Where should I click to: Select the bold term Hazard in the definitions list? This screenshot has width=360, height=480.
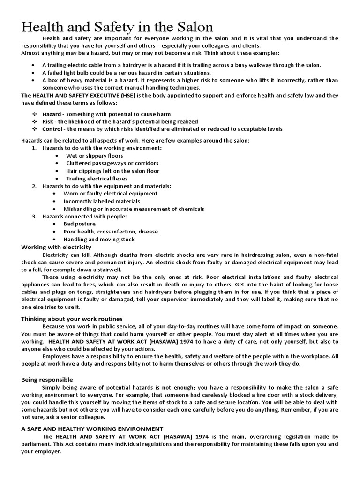pyautogui.click(x=52, y=114)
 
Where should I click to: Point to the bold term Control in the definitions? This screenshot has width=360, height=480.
pyautogui.click(x=52, y=129)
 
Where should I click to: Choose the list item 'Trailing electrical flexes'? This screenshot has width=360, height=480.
pyautogui.click(x=97, y=179)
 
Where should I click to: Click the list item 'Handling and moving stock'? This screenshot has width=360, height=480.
pyautogui.click(x=99, y=239)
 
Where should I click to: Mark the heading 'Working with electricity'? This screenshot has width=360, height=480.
pyautogui.click(x=56, y=247)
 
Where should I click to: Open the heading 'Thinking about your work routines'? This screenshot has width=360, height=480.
pyautogui.click(x=72, y=319)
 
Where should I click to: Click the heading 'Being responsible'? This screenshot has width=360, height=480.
pyautogui.click(x=47, y=379)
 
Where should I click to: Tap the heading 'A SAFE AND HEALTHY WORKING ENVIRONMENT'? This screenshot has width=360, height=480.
pyautogui.click(x=92, y=428)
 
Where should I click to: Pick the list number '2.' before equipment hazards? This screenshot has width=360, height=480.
pyautogui.click(x=34, y=186)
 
